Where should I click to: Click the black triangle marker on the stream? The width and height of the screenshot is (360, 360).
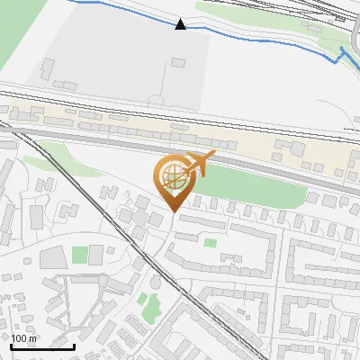(x=181, y=24)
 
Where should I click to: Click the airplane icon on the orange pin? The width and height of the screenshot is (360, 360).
(x=199, y=165)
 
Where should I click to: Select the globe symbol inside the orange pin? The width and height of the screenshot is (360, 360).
(x=173, y=176)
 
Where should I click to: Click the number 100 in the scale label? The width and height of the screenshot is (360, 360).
(x=19, y=338)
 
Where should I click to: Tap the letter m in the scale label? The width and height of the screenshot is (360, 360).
(x=31, y=338)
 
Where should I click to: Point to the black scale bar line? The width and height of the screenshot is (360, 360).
(x=41, y=346)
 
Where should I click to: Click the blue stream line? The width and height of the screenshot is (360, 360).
(x=261, y=40)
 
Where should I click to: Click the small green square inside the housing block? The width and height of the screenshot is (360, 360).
(x=210, y=242)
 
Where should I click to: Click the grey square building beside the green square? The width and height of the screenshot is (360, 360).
(x=53, y=257)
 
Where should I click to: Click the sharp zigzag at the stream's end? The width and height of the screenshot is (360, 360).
(x=343, y=59)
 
